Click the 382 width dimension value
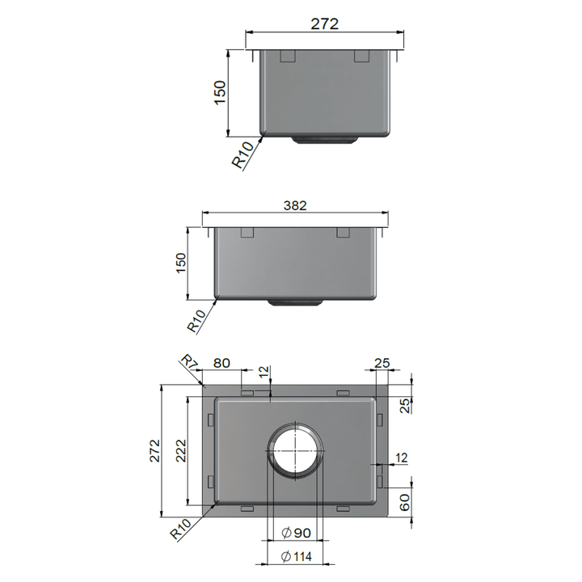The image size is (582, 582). [295, 206]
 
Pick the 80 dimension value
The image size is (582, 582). [221, 364]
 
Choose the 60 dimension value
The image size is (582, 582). [406, 504]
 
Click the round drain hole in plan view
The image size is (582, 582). [295, 449]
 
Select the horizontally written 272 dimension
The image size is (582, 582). [324, 24]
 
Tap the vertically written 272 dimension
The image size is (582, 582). [154, 450]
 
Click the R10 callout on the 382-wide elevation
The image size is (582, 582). [198, 322]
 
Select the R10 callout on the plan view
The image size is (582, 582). [182, 531]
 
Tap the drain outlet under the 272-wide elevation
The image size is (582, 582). [325, 140]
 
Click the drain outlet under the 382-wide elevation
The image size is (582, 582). [295, 303]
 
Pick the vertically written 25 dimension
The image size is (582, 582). [406, 404]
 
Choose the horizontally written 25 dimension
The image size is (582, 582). [383, 364]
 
